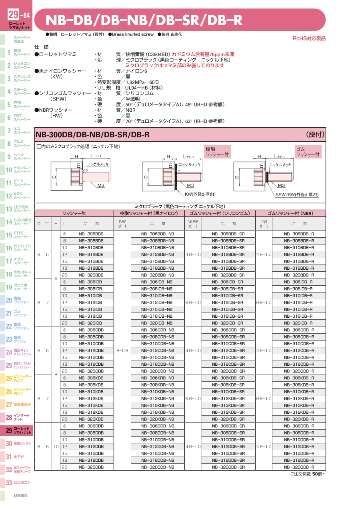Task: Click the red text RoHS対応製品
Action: tap(309, 38)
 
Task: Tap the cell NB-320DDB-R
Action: tap(299, 467)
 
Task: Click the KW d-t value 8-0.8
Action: tap(122, 351)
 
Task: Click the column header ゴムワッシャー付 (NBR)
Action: tap(290, 213)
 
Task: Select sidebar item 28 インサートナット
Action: tap(18, 418)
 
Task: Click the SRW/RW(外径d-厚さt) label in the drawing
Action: tap(297, 194)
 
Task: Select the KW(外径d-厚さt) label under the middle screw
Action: tap(200, 194)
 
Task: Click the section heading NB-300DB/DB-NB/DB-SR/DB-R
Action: tap(92, 135)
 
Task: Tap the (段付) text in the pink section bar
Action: tap(315, 134)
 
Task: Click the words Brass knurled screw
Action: tap(132, 34)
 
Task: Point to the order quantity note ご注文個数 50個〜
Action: tap(308, 474)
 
